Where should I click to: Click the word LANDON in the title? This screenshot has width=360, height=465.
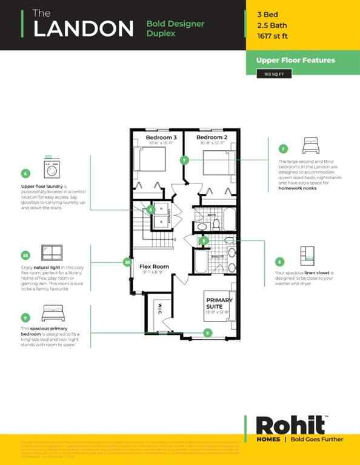pyautogui.click(x=83, y=28)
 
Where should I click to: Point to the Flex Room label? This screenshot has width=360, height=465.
pyautogui.click(x=154, y=266)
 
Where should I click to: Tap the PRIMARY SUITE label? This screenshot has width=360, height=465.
pyautogui.click(x=219, y=303)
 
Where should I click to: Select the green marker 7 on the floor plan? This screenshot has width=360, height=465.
pyautogui.click(x=184, y=160)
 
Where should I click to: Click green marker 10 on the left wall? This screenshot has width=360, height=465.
pyautogui.click(x=127, y=262)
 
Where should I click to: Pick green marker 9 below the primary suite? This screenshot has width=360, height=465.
pyautogui.click(x=208, y=332)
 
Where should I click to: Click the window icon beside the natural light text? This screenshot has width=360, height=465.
pyautogui.click(x=52, y=252)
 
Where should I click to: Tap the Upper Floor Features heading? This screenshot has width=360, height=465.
pyautogui.click(x=295, y=60)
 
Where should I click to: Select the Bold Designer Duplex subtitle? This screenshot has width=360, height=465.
pyautogui.click(x=175, y=28)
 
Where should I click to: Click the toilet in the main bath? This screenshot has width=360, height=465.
pyautogui.click(x=216, y=225)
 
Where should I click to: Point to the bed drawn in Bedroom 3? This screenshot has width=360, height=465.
pyautogui.click(x=150, y=160)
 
